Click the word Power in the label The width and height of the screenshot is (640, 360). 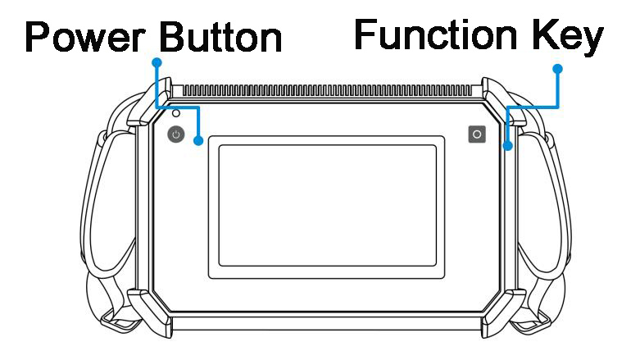click(85, 37)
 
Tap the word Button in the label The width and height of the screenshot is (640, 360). click(220, 37)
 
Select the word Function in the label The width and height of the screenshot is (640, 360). click(436, 34)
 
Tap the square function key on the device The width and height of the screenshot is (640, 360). click(477, 134)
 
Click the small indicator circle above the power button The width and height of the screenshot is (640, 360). click(176, 113)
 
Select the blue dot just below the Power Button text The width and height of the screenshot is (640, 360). click(157, 62)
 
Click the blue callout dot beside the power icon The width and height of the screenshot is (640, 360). click(198, 140)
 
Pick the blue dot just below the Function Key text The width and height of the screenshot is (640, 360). click(557, 69)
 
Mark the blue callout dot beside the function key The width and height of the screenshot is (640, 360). click(508, 146)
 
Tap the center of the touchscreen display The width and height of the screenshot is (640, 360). click(327, 206)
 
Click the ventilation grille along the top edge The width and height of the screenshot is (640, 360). click(326, 91)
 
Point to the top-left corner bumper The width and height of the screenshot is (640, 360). click(150, 103)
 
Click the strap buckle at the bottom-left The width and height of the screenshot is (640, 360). click(119, 321)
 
